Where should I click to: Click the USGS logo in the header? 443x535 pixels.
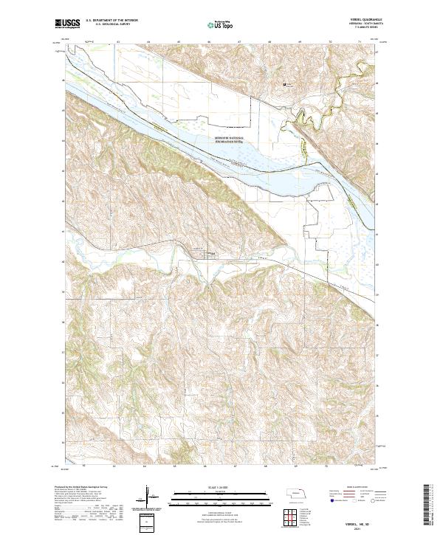67,24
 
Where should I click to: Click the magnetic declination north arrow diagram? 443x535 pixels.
151,497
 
